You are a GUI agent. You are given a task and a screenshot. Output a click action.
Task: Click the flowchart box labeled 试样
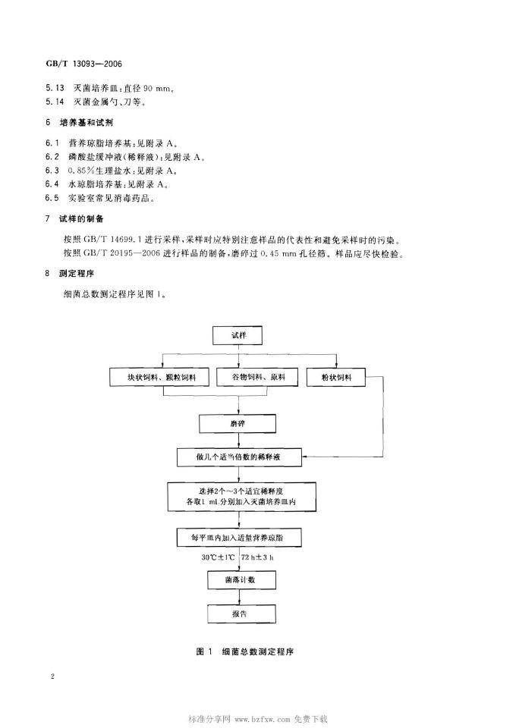click(x=238, y=335)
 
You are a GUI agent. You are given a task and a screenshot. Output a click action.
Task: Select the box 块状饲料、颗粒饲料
click(x=160, y=377)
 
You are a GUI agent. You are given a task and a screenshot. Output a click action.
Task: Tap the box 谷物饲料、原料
click(x=258, y=377)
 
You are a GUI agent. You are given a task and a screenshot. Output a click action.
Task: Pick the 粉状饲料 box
click(x=336, y=377)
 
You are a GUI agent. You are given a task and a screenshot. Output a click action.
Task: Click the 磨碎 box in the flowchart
click(x=238, y=423)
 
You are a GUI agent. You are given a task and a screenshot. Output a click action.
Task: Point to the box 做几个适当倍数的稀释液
click(x=239, y=457)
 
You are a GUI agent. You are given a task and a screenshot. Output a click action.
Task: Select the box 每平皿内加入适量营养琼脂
click(x=239, y=537)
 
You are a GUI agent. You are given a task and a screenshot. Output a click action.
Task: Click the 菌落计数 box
click(x=241, y=579)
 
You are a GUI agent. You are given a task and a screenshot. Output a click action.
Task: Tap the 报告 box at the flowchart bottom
click(x=241, y=613)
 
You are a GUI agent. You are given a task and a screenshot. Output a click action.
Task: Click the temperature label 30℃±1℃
click(x=218, y=557)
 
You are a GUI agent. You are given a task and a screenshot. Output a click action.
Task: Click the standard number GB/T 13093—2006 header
click(x=83, y=64)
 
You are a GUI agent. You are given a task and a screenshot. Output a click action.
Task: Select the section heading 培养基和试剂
click(x=87, y=123)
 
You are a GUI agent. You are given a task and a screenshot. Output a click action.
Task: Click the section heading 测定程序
click(x=77, y=273)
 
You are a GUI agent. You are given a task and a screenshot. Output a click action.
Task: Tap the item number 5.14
click(x=55, y=102)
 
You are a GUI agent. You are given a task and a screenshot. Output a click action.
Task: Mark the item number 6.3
click(x=52, y=171)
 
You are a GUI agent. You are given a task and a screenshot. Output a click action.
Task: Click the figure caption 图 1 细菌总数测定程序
click(x=245, y=651)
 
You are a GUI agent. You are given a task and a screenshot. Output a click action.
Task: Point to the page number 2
click(x=52, y=676)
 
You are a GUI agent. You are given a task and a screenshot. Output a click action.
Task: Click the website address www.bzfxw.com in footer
click(x=263, y=719)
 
